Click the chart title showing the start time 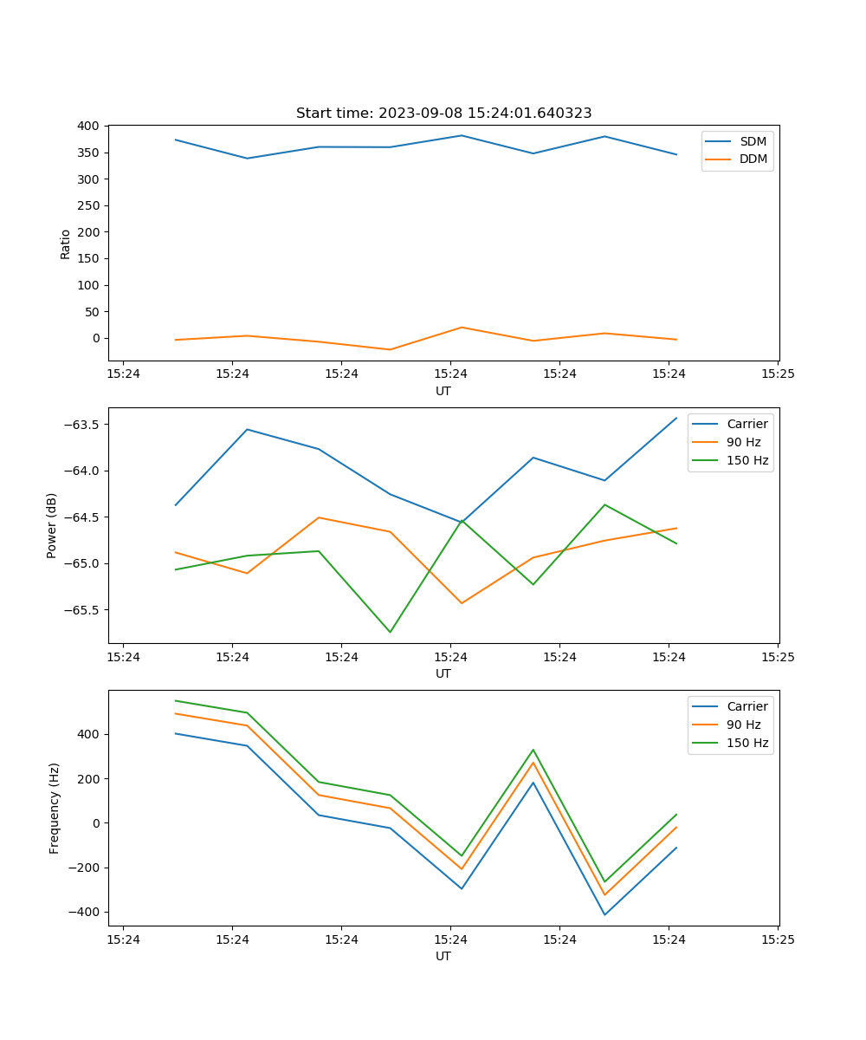click(443, 114)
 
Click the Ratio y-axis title click(66, 244)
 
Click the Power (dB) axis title click(52, 525)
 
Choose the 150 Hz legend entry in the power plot click(747, 460)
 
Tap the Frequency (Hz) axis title click(55, 808)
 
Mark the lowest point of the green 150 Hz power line click(390, 632)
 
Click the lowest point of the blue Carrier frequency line click(604, 914)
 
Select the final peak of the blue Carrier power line click(676, 418)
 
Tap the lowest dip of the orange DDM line click(390, 349)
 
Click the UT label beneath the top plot click(443, 391)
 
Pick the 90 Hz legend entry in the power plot click(744, 442)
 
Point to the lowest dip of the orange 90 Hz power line click(462, 603)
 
